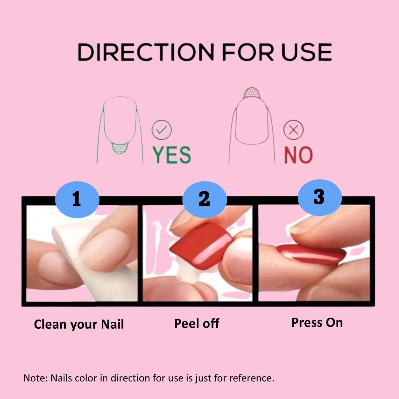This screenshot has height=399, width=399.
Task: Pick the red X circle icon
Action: tap(293, 130)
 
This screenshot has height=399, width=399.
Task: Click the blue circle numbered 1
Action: tap(77, 199)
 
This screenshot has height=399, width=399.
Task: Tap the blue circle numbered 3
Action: tap(320, 197)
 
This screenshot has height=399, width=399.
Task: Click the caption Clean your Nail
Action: tap(79, 324)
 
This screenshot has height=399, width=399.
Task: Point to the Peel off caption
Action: tap(197, 323)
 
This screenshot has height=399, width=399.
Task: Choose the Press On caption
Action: tap(317, 322)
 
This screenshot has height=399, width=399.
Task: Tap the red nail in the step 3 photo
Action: tap(310, 254)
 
